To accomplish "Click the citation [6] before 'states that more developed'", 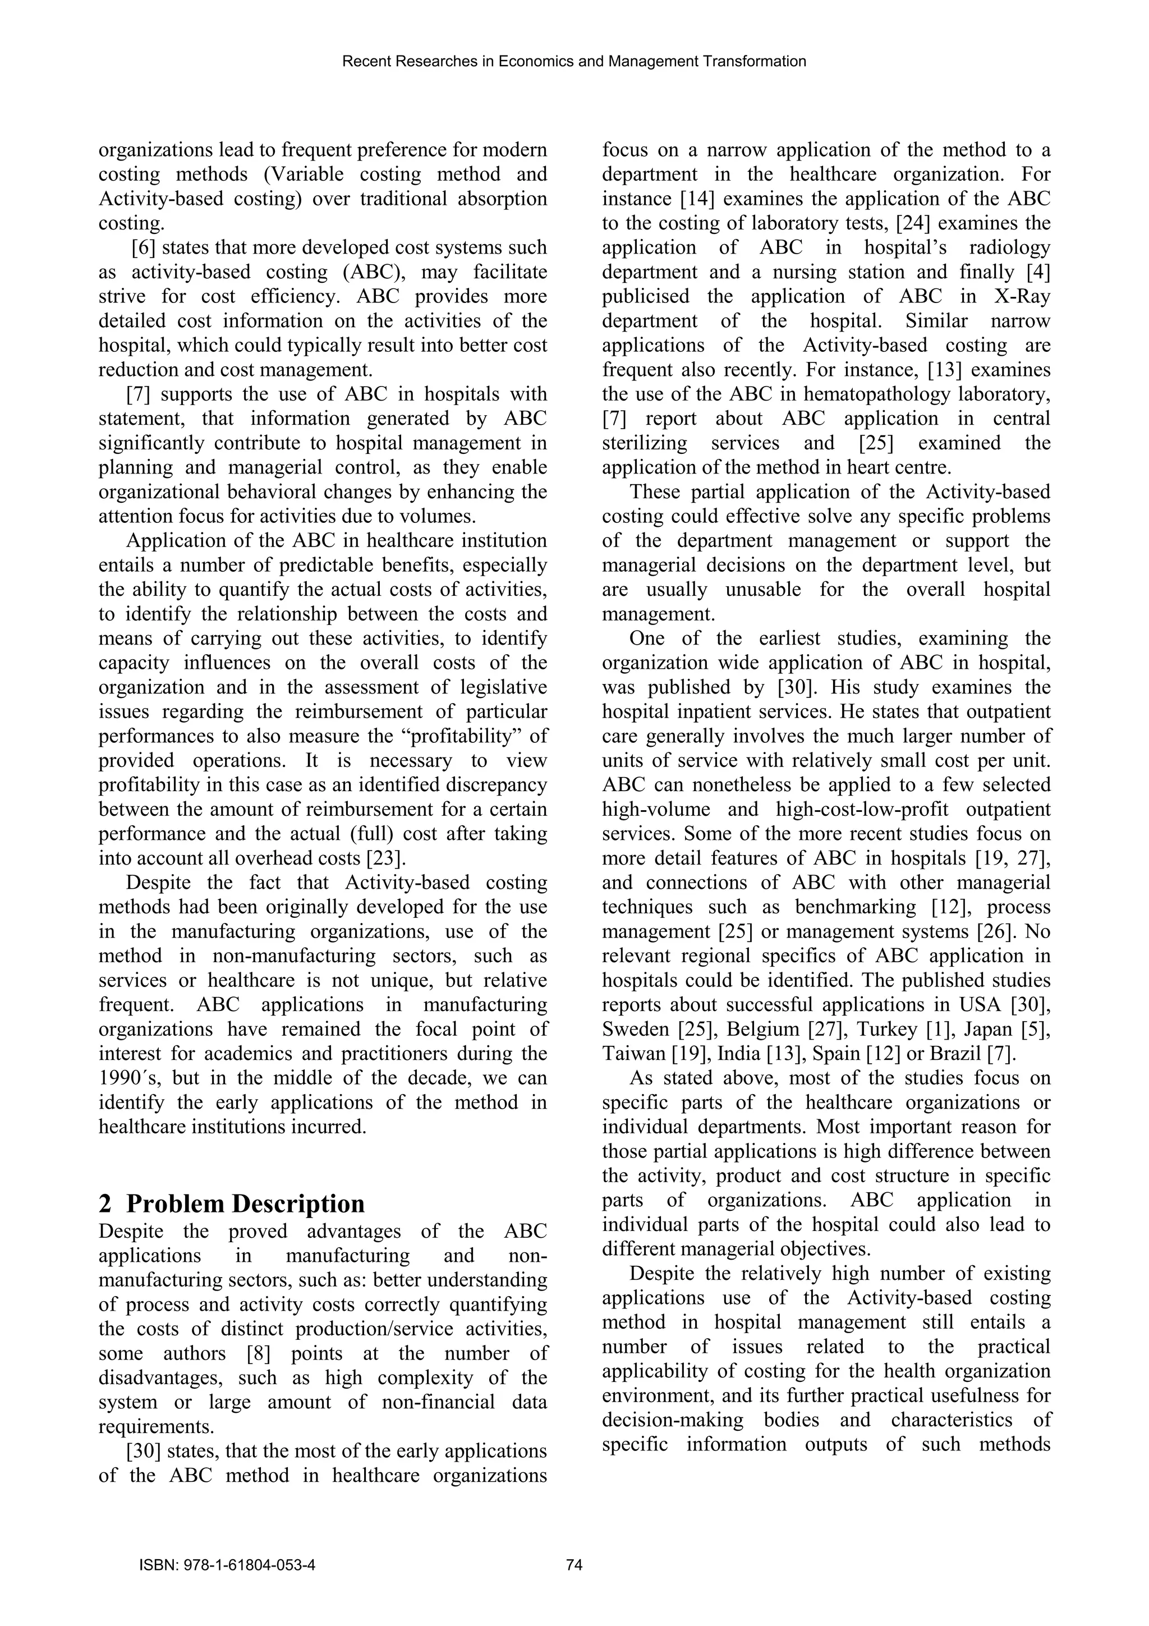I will pyautogui.click(x=144, y=248).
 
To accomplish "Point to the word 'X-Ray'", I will pyautogui.click(x=1021, y=297).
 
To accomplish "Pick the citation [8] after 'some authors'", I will pyautogui.click(x=259, y=1354).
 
